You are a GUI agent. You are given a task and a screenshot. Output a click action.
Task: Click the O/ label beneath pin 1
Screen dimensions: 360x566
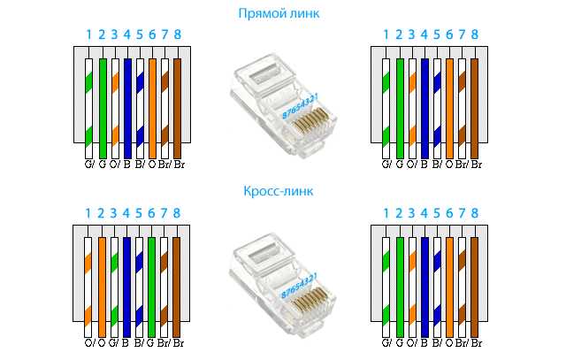click(89, 341)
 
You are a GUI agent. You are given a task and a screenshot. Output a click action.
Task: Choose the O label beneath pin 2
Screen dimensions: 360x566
click(103, 341)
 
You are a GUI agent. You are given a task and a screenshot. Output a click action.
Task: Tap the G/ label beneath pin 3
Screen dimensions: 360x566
click(115, 341)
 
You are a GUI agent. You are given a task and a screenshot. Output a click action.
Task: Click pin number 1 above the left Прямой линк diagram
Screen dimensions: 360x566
click(89, 35)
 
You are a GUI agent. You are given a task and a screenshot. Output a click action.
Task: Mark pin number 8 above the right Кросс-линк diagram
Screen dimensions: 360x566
click(475, 213)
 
